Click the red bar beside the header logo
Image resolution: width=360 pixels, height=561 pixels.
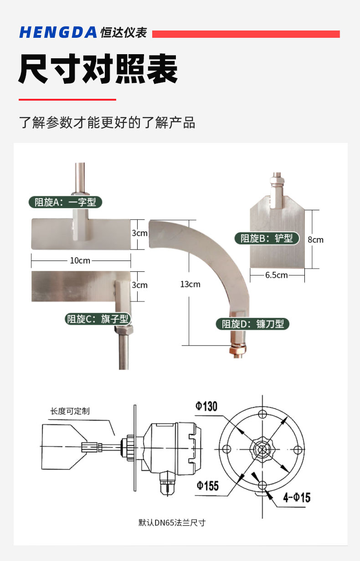(246, 34)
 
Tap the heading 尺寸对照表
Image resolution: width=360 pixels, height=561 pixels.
(98, 69)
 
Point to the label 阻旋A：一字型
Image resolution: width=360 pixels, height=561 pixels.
(65, 202)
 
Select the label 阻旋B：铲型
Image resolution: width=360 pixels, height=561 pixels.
(267, 238)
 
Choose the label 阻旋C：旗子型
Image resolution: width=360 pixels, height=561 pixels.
(98, 319)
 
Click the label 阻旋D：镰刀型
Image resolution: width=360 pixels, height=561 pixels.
(252, 324)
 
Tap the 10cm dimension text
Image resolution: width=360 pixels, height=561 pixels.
(80, 260)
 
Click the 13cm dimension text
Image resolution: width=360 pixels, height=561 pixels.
(190, 284)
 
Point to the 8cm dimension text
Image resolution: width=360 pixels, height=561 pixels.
(315, 240)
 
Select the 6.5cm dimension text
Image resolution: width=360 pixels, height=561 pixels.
(276, 275)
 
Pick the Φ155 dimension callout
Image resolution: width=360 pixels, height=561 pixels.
(207, 485)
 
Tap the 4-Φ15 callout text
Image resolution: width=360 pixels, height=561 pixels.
(296, 497)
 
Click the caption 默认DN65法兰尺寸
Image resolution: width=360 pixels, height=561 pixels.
(172, 522)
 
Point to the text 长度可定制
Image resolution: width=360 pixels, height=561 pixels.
(70, 411)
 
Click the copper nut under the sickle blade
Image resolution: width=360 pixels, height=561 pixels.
(237, 350)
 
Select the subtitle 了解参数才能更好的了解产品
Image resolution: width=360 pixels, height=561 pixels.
(107, 122)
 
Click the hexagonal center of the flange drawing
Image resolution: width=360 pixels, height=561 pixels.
(261, 449)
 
